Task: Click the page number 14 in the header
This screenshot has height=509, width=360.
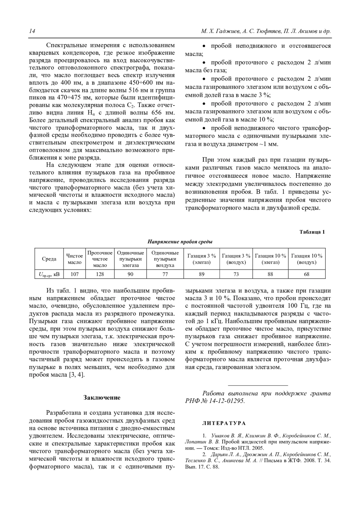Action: pos(32,31)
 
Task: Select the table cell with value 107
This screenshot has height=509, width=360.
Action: pos(74,274)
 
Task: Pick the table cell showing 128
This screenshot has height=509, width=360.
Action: pos(100,274)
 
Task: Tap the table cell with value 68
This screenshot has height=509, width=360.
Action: pos(307,274)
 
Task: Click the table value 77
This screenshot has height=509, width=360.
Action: pos(165,274)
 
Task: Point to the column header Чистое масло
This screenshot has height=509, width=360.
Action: pos(74,259)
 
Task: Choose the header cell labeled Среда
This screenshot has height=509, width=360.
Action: pos(49,259)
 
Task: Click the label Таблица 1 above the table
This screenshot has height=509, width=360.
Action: pos(312,232)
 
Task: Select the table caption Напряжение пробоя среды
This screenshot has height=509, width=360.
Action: pos(180,242)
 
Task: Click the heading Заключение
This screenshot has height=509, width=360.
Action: pos(102,397)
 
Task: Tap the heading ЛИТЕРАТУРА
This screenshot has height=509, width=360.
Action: pos(224,423)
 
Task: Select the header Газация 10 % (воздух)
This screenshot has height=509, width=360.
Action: pos(307,259)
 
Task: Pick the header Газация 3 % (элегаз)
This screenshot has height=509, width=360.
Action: pos(202,259)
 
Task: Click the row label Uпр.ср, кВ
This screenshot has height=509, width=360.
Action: pos(49,274)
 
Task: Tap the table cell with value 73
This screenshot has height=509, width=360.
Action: pos(236,274)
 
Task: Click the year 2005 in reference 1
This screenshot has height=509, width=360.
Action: pos(258,448)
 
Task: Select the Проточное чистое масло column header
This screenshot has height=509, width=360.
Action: pos(100,259)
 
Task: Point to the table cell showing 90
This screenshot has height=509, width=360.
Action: pos(130,274)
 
